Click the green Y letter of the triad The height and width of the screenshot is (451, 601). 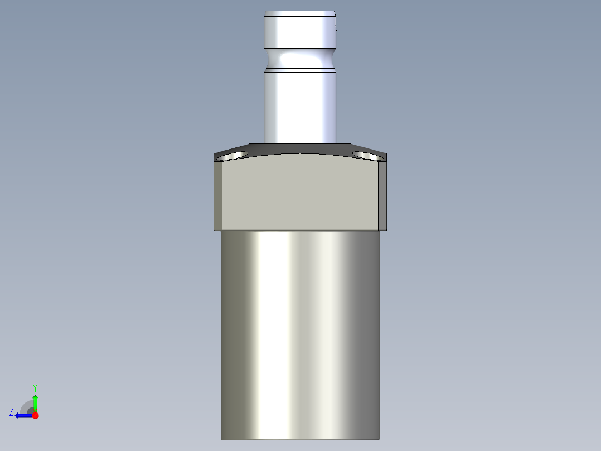[x=35, y=387]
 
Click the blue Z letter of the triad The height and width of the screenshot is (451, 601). [x=11, y=412]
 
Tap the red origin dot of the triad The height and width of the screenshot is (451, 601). [x=35, y=415]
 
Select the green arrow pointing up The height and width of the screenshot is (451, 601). [x=35, y=401]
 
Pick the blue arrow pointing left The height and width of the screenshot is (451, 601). [x=22, y=415]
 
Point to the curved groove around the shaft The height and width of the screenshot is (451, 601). [x=300, y=58]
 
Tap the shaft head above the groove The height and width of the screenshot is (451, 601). [x=300, y=31]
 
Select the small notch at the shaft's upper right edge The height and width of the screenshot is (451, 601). [x=337, y=23]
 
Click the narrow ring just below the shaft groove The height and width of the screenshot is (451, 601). [x=300, y=70]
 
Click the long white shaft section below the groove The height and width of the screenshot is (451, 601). [x=300, y=106]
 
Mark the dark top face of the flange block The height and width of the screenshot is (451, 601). [x=300, y=148]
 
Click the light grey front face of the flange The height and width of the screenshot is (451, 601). [x=300, y=193]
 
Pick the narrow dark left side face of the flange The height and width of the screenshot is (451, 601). [x=218, y=195]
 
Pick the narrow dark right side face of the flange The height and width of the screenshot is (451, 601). [x=383, y=195]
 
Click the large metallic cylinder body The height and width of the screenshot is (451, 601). [x=300, y=335]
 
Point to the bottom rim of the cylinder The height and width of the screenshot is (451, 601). [x=300, y=438]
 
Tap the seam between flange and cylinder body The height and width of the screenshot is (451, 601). [x=300, y=231]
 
